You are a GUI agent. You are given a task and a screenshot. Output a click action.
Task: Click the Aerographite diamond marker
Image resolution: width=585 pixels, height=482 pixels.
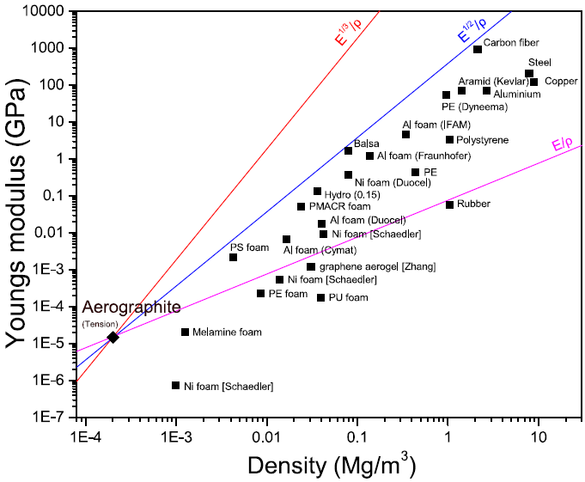click(113, 337)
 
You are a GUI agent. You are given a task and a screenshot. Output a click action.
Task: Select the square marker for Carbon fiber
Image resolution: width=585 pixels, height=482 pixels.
click(478, 49)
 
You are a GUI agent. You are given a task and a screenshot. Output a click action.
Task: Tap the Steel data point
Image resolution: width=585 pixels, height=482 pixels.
click(529, 74)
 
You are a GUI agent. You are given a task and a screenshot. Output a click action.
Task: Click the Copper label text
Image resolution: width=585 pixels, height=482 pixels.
click(562, 81)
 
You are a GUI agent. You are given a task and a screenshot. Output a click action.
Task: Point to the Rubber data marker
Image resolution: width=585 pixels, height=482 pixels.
click(449, 204)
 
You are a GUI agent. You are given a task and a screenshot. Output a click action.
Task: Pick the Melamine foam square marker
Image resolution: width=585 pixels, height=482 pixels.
click(185, 332)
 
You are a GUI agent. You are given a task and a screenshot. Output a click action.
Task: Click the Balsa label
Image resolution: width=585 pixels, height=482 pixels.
click(367, 143)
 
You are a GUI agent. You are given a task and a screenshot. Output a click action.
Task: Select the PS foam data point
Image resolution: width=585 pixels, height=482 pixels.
click(233, 257)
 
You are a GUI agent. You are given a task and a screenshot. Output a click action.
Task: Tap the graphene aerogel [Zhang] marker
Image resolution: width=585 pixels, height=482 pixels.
click(311, 267)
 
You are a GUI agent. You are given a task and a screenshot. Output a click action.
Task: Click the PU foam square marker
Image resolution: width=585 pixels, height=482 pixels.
click(321, 297)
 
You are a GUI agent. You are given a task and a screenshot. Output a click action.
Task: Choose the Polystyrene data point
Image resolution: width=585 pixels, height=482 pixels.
click(449, 139)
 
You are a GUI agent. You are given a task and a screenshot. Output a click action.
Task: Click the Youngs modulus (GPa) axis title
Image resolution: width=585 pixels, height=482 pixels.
click(18, 214)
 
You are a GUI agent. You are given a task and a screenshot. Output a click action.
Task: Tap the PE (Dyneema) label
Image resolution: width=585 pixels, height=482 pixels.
click(475, 107)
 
